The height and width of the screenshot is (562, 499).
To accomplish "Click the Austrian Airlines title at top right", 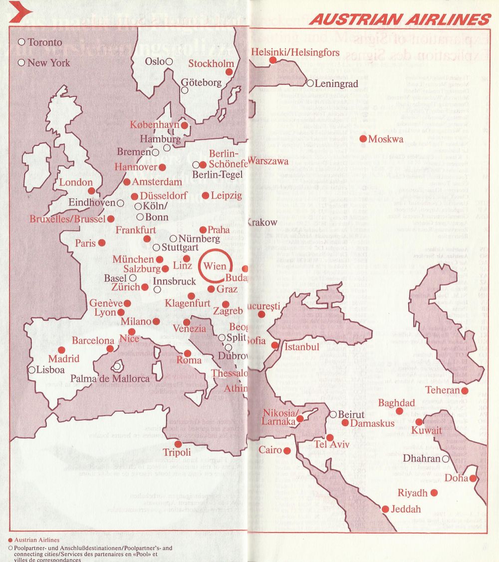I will tap(400, 19).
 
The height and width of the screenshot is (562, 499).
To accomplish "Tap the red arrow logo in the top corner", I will tap(21, 11).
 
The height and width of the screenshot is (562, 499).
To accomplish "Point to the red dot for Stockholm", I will tap(229, 72).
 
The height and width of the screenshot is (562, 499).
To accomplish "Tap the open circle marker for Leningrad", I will tap(310, 83).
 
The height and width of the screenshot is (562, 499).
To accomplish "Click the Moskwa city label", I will tap(386, 139).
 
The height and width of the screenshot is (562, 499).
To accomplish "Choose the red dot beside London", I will tap(91, 191).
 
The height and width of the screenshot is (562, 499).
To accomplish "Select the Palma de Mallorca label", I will tap(110, 379).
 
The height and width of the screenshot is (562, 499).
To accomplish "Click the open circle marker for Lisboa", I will tap(32, 370).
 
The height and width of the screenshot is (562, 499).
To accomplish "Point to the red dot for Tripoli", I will tap(178, 444).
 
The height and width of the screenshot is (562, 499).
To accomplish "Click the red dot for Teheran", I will tap(465, 391).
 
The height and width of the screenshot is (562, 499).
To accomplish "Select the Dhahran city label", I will tap(421, 459).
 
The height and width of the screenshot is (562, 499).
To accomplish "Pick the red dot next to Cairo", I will tap(287, 451).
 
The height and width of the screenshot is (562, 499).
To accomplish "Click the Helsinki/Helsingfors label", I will tap(295, 52).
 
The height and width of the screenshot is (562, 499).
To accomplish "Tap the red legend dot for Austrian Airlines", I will tap(10, 540).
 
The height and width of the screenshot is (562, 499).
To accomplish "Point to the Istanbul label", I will tap(301, 346).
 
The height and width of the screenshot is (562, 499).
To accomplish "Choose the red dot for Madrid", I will tap(61, 350).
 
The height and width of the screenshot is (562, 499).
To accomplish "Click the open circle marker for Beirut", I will tap(333, 414).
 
